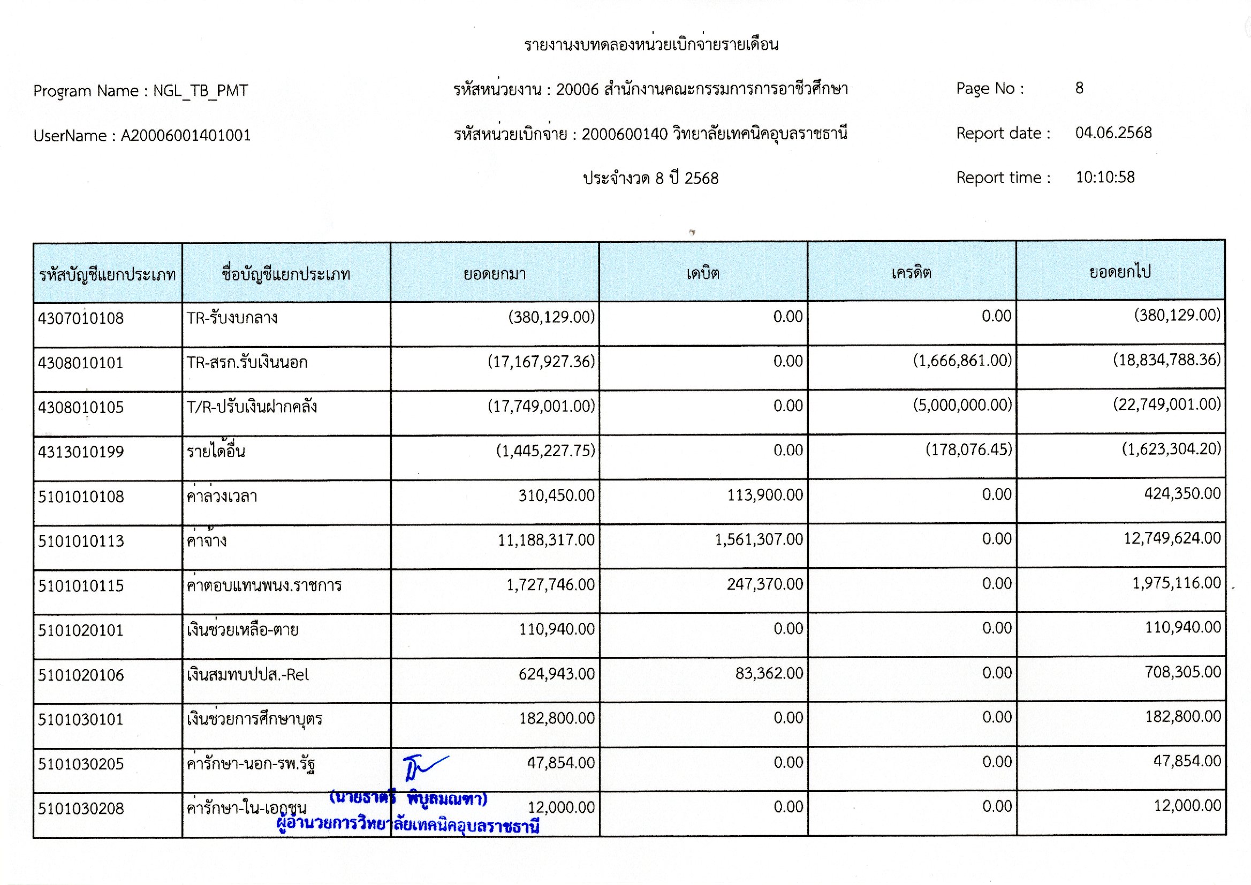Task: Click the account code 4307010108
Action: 81,318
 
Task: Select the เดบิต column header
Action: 703,273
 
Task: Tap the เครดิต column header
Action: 911,272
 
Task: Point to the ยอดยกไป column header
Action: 1120,271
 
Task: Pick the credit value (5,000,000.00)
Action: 962,405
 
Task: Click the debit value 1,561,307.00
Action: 759,539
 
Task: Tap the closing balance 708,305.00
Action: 1182,672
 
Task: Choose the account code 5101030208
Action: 81,808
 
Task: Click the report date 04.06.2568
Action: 1113,133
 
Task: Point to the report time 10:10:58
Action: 1105,177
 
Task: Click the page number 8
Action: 1079,88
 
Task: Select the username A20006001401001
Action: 185,135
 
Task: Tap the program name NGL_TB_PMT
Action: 200,90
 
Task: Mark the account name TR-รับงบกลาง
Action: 232,318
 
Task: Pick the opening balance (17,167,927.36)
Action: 541,361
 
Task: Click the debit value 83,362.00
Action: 769,674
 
